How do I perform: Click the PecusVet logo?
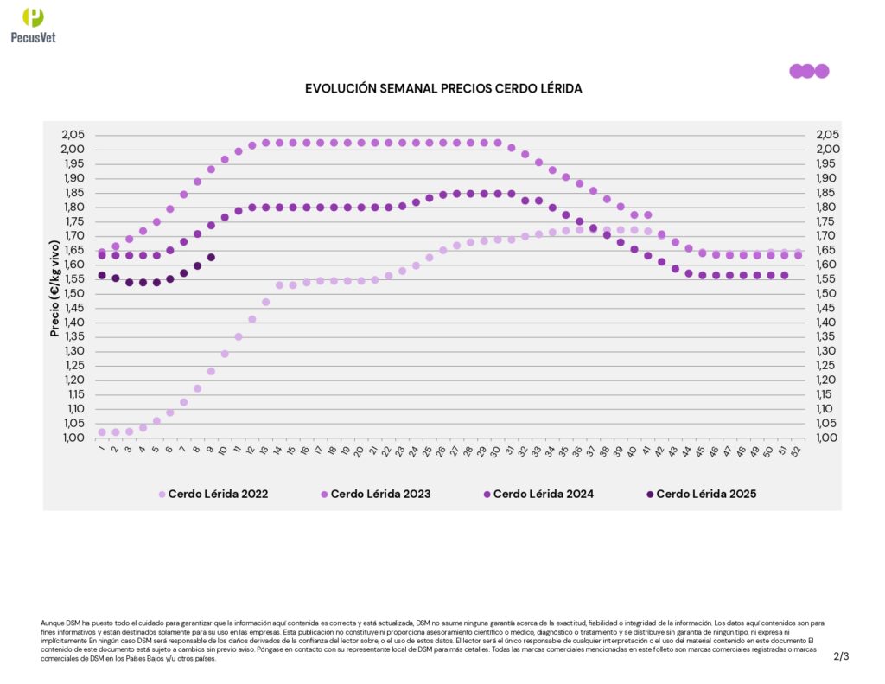33,24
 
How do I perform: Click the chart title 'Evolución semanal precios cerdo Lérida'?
443,89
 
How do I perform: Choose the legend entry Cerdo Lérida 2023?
375,495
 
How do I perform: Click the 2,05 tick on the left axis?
74,135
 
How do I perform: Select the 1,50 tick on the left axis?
74,293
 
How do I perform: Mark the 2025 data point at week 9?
211,257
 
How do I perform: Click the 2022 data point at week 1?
102,431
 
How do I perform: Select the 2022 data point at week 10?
225,354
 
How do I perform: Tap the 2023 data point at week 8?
197,182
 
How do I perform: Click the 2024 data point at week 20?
361,208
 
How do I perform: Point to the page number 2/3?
842,656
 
